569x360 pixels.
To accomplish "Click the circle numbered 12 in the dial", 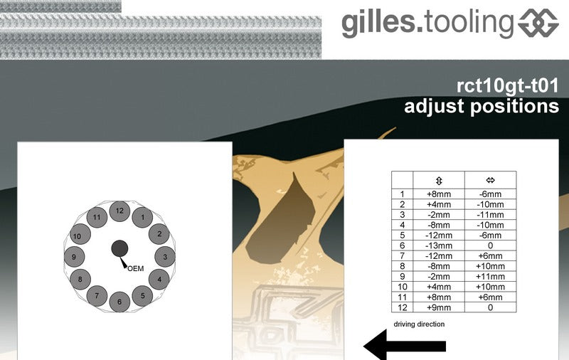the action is click(x=119, y=211).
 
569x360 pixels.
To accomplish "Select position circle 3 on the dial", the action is click(x=165, y=257).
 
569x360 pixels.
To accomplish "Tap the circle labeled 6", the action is click(x=119, y=302).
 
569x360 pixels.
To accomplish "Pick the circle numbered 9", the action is click(x=75, y=257).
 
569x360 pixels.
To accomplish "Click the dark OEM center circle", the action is click(x=119, y=248).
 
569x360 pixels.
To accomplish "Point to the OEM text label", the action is click(x=136, y=268).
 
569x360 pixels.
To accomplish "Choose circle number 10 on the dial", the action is click(x=80, y=234).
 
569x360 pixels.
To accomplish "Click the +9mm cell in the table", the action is click(x=439, y=307).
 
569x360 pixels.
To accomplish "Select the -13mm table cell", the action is click(x=439, y=245).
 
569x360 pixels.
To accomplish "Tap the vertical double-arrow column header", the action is click(x=439, y=181).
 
